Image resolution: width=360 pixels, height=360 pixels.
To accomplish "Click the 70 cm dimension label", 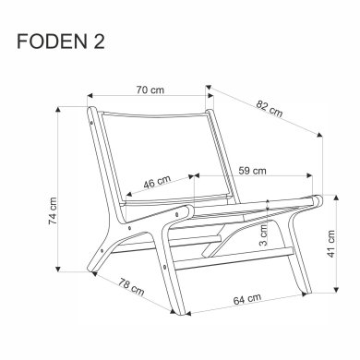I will click(149, 90).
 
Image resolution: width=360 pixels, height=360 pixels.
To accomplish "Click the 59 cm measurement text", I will click(252, 170).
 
